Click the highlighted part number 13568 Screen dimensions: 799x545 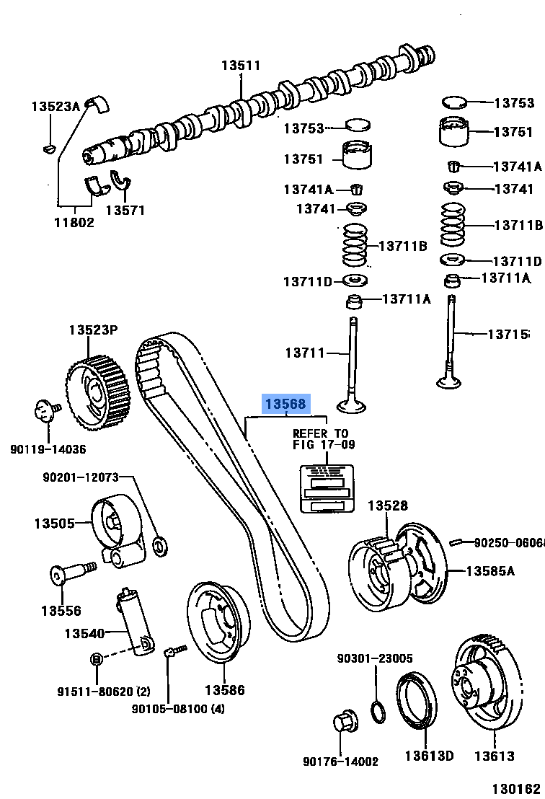(x=286, y=405)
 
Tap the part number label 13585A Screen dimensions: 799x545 (x=490, y=571)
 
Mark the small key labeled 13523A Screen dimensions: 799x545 (x=48, y=149)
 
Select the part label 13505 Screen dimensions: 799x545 (x=54, y=523)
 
